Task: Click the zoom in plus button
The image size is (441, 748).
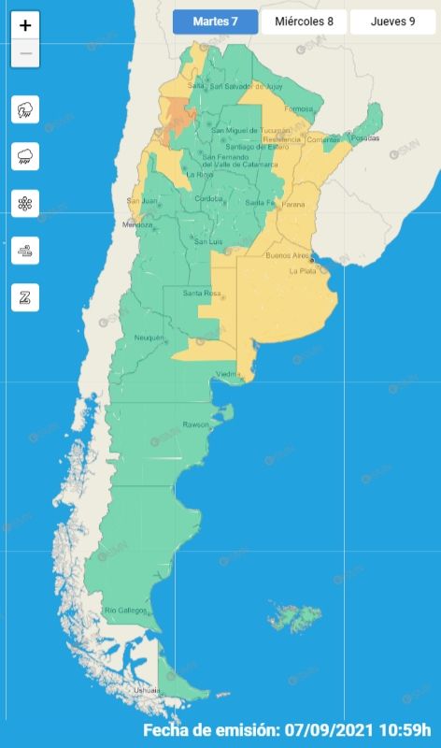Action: coord(25,26)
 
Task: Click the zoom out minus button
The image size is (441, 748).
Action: coord(25,53)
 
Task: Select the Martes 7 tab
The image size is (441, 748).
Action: coord(215,22)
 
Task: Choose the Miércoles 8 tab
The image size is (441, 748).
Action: coord(303,22)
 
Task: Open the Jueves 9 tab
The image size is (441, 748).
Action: coord(392,22)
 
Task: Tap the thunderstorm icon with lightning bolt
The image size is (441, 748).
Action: coord(25,110)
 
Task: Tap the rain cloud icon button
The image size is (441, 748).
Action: coord(25,157)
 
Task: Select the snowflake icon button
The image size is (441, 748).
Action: coord(25,204)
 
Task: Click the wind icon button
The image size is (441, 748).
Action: coord(25,251)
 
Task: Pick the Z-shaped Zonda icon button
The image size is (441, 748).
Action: coord(25,297)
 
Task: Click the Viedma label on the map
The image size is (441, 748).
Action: coord(229,374)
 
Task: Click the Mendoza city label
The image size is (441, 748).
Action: coord(136,225)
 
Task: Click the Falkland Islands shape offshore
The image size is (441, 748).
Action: coord(293,617)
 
